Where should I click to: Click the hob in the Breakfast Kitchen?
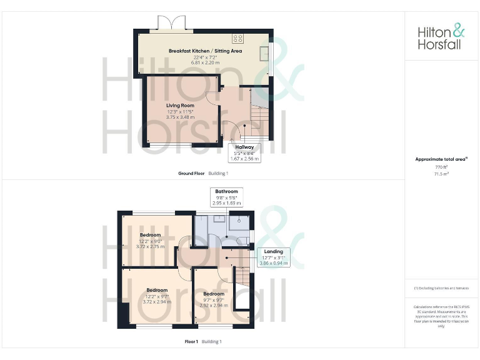pos(237,37)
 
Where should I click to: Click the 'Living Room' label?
pos(180,106)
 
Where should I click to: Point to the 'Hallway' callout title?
pos(244,147)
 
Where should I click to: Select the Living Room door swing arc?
pos(213,95)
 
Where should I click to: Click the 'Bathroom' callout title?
pos(226,191)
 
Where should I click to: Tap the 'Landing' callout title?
pos(274,251)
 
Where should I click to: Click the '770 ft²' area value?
pos(441,167)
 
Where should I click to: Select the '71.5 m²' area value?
pos(441,174)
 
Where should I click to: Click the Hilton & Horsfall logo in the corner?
pos(441,36)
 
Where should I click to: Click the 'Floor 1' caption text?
pos(191,342)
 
